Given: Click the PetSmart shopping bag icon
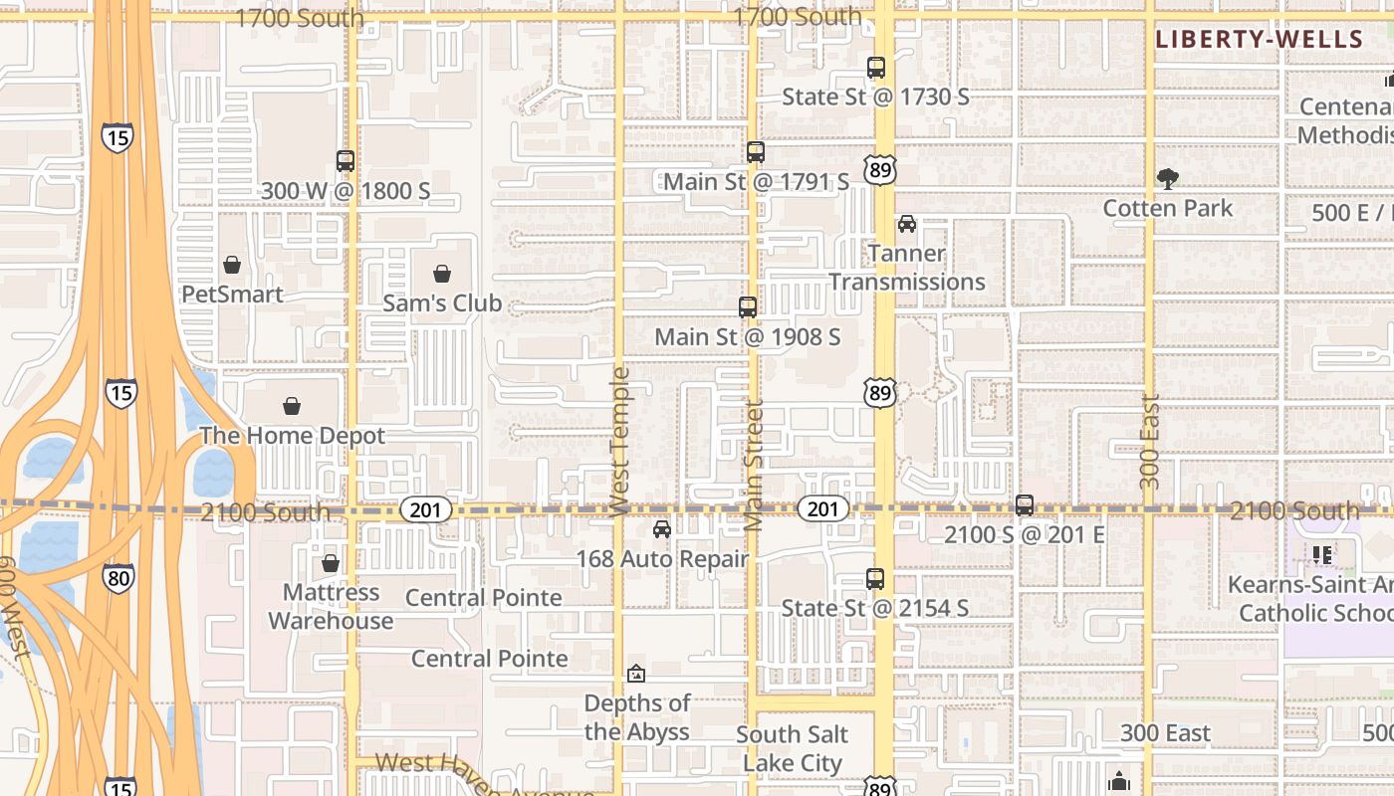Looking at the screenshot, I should click(x=232, y=265).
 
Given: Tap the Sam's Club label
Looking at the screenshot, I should click(x=442, y=303).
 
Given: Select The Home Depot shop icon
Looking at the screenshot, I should click(x=292, y=406).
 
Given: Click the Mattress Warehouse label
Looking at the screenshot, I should click(x=331, y=606).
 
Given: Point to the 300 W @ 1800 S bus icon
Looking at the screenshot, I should click(x=346, y=161).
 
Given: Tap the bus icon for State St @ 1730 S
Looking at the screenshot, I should click(x=876, y=68).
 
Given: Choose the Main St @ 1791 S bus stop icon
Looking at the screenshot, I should click(x=756, y=152).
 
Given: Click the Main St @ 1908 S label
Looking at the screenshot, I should click(x=747, y=337).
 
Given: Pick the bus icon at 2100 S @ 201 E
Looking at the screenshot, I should click(x=1025, y=505).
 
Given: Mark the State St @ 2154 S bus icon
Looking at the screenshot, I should click(x=875, y=579).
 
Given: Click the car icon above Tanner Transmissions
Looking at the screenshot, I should click(x=907, y=224).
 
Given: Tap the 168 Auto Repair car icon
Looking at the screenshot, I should click(x=662, y=529).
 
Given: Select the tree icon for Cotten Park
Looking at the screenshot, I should click(x=1168, y=179).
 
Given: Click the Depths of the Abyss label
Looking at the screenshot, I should click(x=637, y=717).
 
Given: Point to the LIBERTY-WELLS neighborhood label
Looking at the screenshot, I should click(x=1259, y=40).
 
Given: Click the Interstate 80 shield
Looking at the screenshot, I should click(x=118, y=576).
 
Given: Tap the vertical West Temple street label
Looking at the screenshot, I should click(x=620, y=442).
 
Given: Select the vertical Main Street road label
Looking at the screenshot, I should click(x=754, y=465).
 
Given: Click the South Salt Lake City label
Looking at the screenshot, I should click(x=793, y=748).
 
